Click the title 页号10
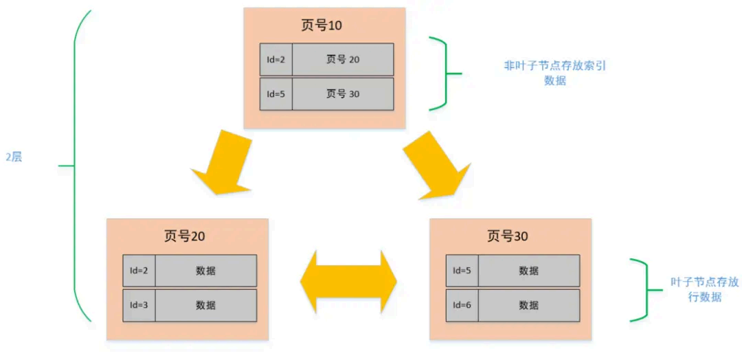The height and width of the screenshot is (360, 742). coord(322,26)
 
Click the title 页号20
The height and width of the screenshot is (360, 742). coord(184,236)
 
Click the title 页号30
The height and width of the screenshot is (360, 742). coord(508,236)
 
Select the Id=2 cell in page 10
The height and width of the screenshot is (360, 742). coord(276,60)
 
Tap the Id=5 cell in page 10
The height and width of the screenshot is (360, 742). coord(276,94)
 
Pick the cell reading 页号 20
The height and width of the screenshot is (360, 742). coord(343,60)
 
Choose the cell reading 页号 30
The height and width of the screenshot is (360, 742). coord(343,94)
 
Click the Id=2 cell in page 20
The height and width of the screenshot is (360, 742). coord(139,271)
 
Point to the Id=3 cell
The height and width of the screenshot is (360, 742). coord(139,305)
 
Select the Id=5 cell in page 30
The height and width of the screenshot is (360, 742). coord(462,271)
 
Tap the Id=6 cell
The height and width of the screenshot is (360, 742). coord(462,305)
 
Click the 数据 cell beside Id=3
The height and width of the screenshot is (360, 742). coord(205,305)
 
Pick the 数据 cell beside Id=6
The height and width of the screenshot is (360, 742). coord(528,305)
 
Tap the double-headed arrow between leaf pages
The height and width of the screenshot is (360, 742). coord(348,282)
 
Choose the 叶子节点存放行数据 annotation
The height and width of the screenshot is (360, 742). coord(695,289)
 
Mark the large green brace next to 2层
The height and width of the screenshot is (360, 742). coord(74,166)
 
